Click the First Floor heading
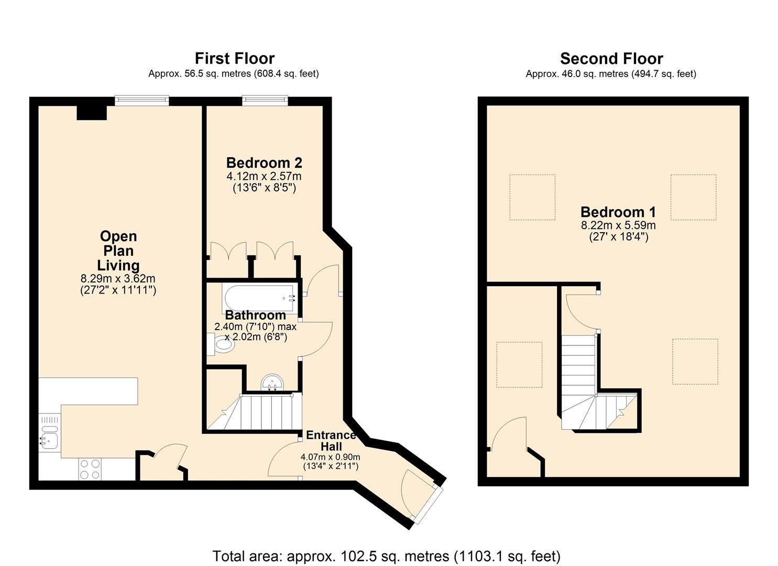pyautogui.click(x=234, y=58)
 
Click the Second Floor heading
pyautogui.click(x=611, y=58)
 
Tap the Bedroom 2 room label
pyautogui.click(x=264, y=163)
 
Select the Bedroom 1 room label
pyautogui.click(x=618, y=212)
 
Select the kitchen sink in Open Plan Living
pyautogui.click(x=50, y=437)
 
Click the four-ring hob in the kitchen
pyautogui.click(x=90, y=469)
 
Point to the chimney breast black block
pyautogui.click(x=92, y=112)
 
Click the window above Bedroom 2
pyautogui.click(x=265, y=100)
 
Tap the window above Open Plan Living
pyautogui.click(x=142, y=100)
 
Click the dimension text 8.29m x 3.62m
pyautogui.click(x=118, y=279)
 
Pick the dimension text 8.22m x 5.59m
pyautogui.click(x=618, y=225)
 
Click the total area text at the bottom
pyautogui.click(x=386, y=556)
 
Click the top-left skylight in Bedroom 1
pyautogui.click(x=532, y=197)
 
